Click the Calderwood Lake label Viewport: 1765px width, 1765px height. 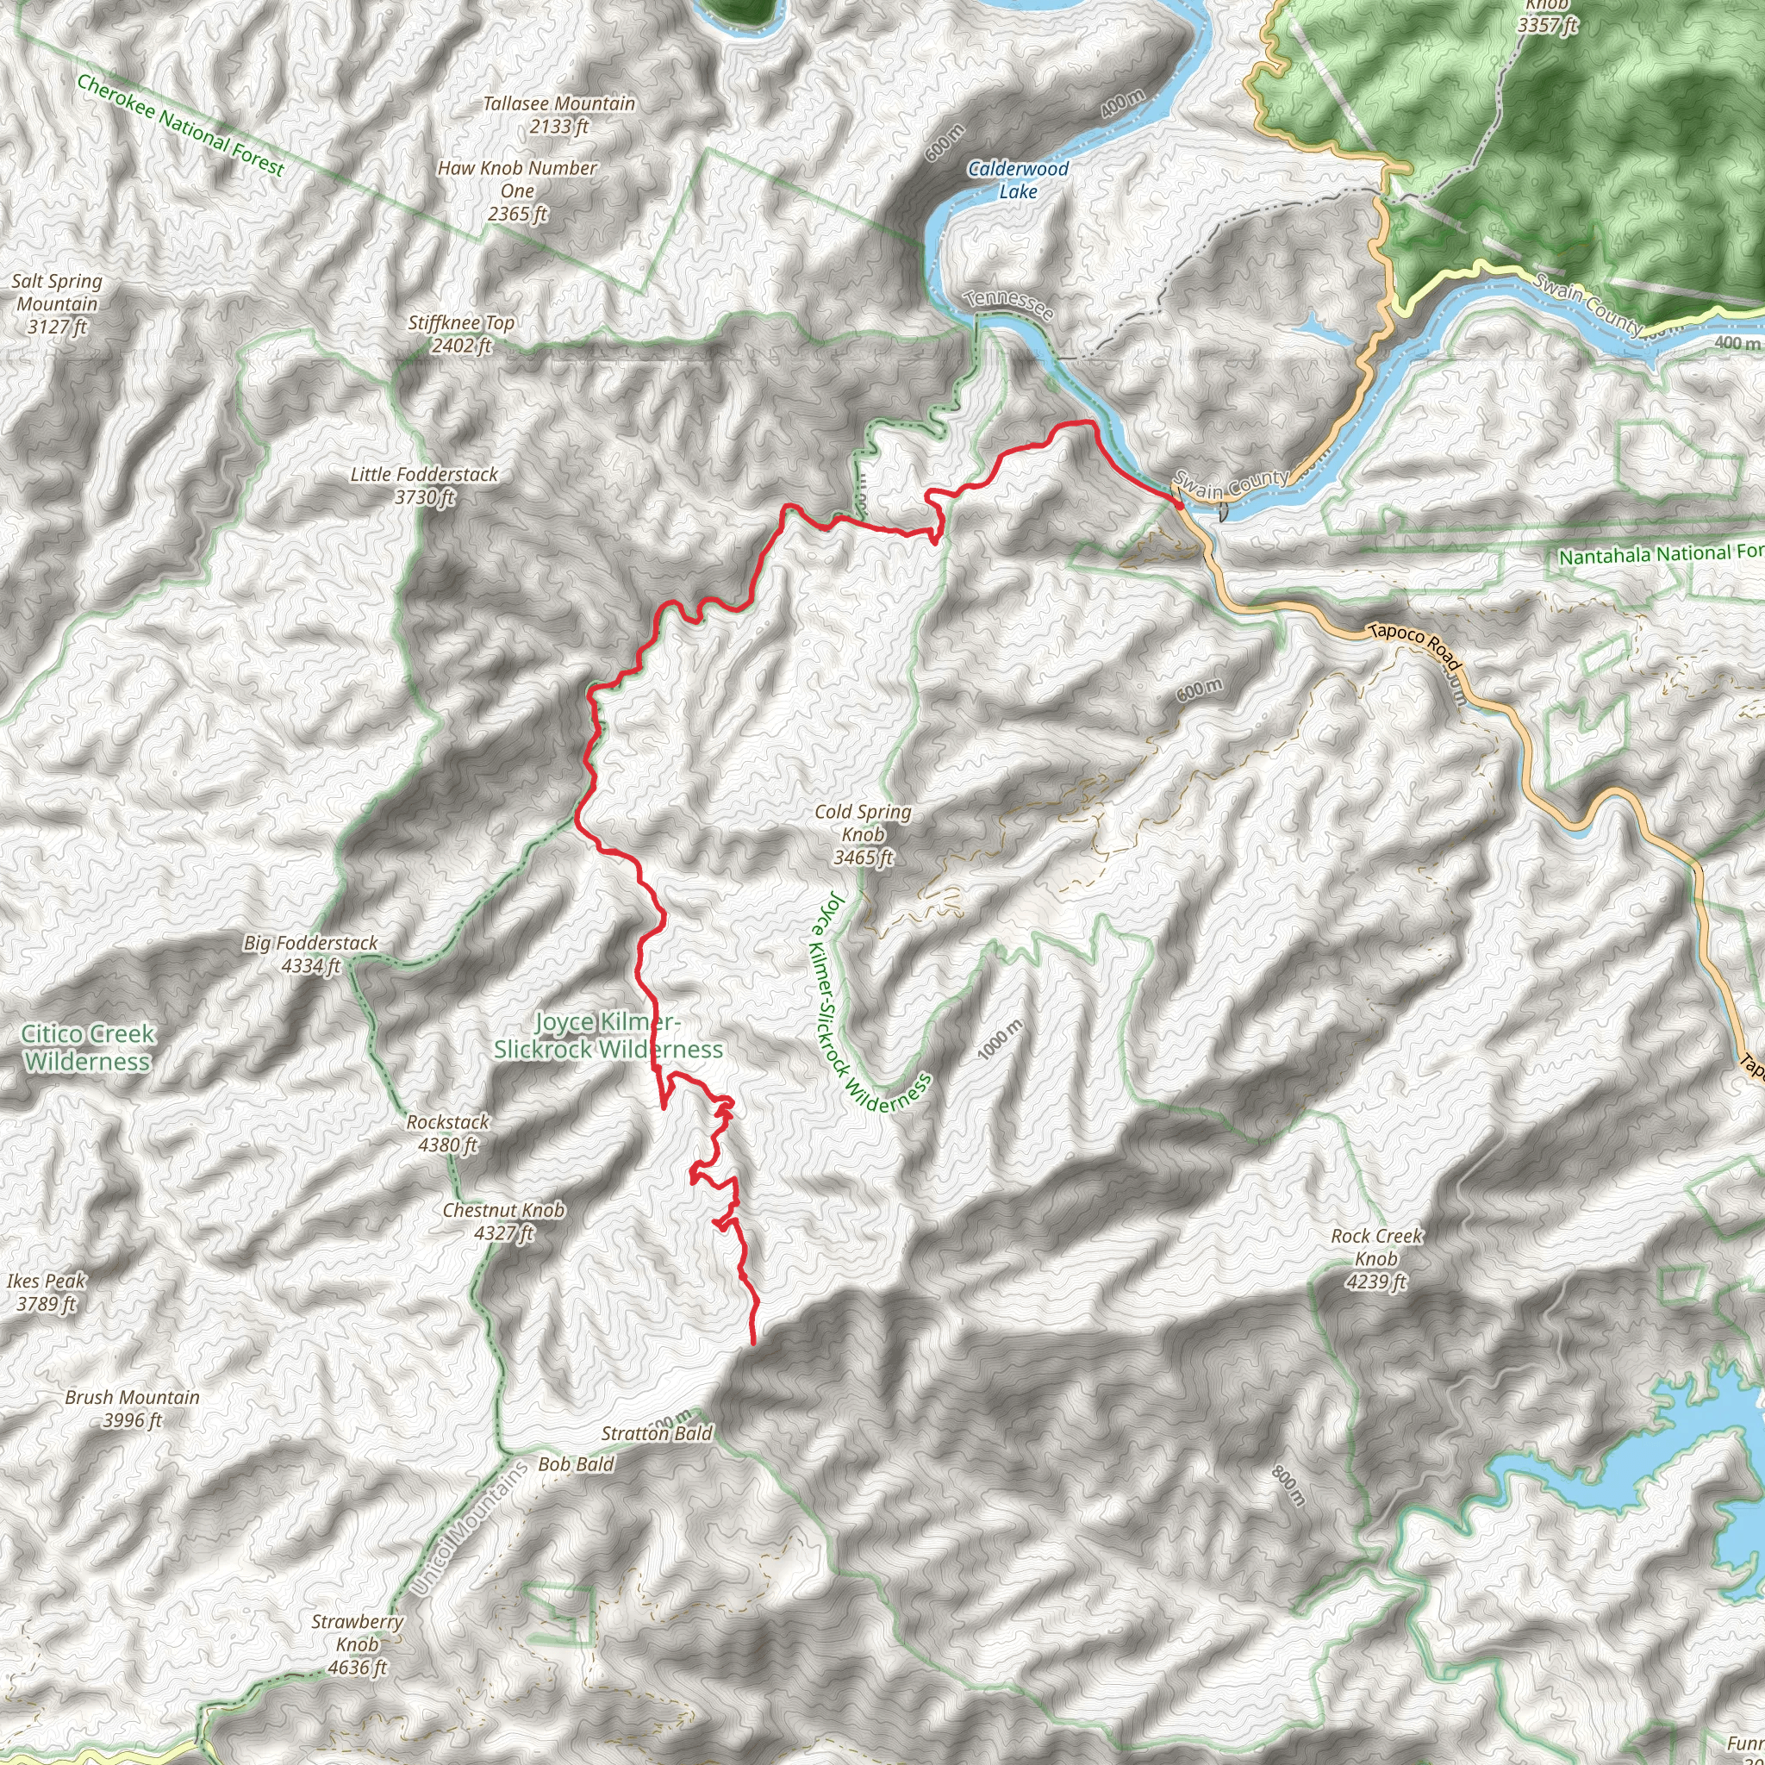[x=1018, y=180]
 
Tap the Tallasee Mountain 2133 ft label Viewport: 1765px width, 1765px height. [x=558, y=115]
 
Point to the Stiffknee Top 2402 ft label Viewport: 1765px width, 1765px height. [x=460, y=334]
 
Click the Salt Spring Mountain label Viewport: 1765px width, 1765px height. [x=57, y=303]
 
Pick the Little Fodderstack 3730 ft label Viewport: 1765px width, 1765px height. [x=424, y=485]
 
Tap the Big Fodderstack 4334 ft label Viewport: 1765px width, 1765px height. [x=309, y=954]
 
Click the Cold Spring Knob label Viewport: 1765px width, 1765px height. [x=863, y=834]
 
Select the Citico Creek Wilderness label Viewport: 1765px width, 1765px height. [x=88, y=1047]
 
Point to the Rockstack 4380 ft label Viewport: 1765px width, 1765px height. [x=447, y=1132]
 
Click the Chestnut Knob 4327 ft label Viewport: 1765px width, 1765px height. [x=503, y=1221]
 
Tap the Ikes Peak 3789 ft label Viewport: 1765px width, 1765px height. [x=46, y=1292]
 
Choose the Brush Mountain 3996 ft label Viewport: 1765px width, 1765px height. [x=132, y=1408]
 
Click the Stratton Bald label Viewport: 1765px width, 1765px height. [x=656, y=1433]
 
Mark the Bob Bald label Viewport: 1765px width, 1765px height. [x=576, y=1463]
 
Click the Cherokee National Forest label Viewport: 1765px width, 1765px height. [x=180, y=125]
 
